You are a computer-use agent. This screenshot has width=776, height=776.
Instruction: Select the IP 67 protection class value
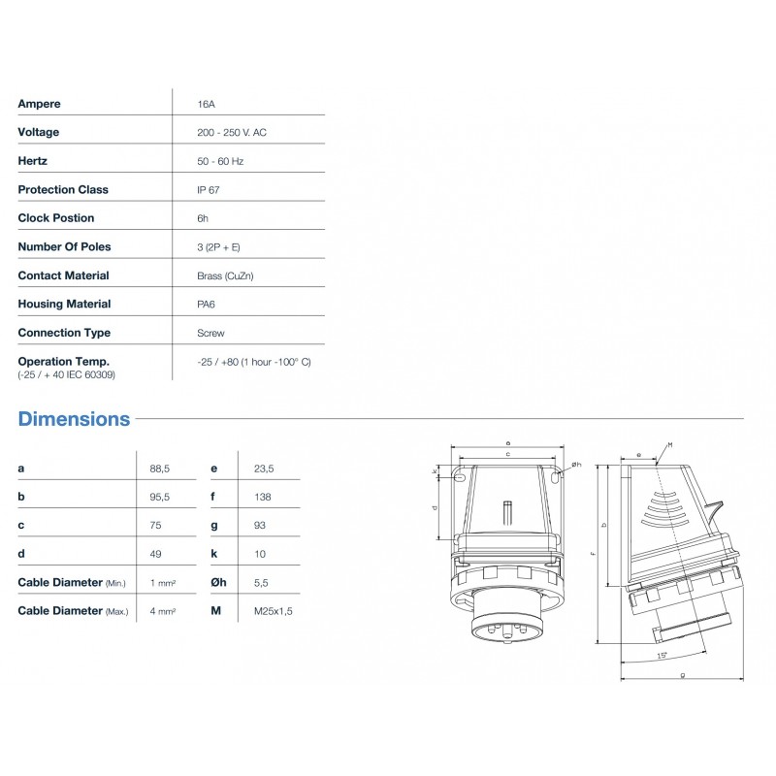[x=208, y=189]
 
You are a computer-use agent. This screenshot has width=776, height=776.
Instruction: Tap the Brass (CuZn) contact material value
[x=225, y=275]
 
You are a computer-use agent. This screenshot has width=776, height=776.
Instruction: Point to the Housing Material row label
[x=64, y=304]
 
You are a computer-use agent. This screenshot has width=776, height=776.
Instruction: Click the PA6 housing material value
[x=207, y=304]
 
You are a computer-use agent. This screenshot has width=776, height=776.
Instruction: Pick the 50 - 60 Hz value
[x=219, y=161]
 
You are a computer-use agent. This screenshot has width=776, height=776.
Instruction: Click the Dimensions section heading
[x=74, y=419]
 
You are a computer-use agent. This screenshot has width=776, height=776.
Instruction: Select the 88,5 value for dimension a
[x=160, y=469]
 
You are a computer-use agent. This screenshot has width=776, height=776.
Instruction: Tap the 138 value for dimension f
[x=262, y=497]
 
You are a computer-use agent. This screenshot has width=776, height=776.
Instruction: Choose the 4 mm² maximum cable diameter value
[x=162, y=611]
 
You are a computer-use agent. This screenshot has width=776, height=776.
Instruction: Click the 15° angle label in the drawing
[x=663, y=657]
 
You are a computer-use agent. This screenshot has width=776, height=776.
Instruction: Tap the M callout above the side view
[x=669, y=444]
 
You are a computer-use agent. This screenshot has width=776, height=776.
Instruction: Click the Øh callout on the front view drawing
[x=576, y=465]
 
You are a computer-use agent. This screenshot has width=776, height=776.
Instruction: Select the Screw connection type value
[x=210, y=333]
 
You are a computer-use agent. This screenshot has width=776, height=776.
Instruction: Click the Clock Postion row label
[x=56, y=218]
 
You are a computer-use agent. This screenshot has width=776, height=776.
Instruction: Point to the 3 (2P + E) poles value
[x=218, y=246]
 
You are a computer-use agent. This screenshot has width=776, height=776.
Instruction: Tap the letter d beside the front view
[x=434, y=506]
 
